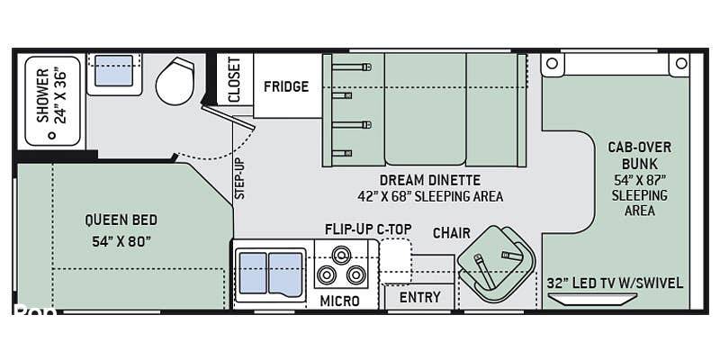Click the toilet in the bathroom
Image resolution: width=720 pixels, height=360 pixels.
175,81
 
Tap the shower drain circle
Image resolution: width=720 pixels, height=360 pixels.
52,135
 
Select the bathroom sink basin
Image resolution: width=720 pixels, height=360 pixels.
114,70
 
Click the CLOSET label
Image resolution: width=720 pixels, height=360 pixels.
234,79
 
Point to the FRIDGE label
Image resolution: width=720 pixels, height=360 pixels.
286,86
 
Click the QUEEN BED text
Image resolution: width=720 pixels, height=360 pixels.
121,220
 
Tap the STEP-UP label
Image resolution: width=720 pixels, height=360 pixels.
239,178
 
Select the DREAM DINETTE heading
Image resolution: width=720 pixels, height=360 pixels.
430,179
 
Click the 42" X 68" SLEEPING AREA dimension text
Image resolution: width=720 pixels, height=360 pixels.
430,196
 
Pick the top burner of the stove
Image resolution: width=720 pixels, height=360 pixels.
341,254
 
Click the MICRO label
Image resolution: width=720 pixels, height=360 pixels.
340,301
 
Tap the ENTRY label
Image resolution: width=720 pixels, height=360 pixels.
419,298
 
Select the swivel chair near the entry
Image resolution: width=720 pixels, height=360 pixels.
497,264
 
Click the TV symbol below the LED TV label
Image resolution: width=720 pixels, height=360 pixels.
593,299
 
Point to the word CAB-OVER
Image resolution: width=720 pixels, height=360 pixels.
640,148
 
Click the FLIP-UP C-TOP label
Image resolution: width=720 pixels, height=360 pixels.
368,229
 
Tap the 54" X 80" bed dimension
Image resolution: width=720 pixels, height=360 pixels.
121,241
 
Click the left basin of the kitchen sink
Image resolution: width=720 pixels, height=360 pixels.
253,273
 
